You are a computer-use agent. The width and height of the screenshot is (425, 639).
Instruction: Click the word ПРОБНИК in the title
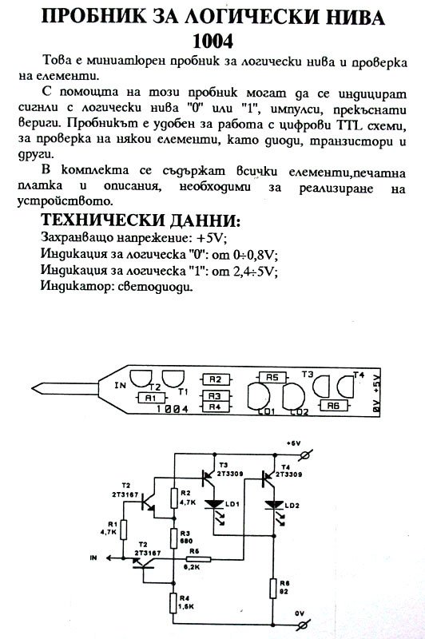tap(93, 18)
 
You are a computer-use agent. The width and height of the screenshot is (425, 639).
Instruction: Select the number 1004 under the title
tap(212, 42)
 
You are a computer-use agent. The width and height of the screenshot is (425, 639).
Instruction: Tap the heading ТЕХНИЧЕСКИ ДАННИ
tap(141, 220)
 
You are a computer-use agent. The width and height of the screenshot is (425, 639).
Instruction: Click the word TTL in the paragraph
tap(349, 125)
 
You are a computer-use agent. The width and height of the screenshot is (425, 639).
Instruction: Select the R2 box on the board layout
tap(215, 379)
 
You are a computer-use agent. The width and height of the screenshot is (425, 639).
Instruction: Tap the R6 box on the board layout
tap(333, 405)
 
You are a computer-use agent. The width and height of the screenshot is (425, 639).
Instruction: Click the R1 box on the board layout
tap(150, 397)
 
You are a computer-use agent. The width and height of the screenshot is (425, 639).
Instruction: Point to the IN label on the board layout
tap(120, 385)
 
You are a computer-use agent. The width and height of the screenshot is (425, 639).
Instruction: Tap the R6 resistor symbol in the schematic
tap(272, 587)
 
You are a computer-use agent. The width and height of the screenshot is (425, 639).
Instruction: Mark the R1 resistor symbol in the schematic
tap(123, 530)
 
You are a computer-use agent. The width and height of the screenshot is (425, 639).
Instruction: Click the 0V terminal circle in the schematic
tap(303, 624)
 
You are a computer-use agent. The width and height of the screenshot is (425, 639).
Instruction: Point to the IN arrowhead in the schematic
tap(109, 558)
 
